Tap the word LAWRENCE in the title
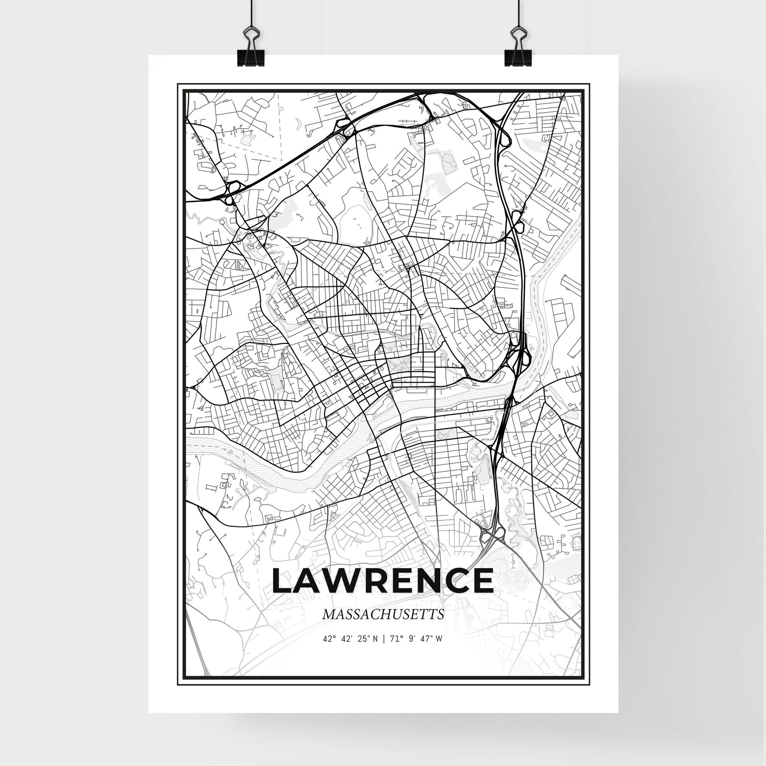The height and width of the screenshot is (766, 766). point(383,581)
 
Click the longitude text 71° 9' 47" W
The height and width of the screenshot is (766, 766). point(416,650)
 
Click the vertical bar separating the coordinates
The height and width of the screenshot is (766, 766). point(383,650)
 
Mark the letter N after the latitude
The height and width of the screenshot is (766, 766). point(375,650)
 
